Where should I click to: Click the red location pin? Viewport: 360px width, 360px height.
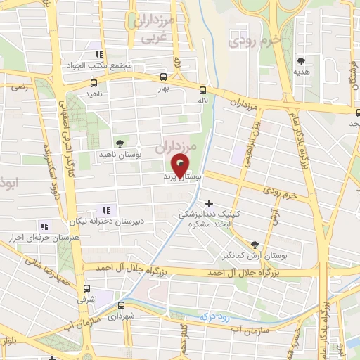click(182, 165)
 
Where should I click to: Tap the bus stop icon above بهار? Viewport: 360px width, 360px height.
click(164, 78)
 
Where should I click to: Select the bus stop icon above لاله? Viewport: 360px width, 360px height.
click(202, 90)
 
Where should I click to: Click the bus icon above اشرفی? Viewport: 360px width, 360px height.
click(86, 288)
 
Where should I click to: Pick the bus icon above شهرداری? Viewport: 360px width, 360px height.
click(122, 306)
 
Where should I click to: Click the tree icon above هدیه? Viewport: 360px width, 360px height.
click(302, 61)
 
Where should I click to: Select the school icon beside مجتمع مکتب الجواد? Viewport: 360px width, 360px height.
click(100, 54)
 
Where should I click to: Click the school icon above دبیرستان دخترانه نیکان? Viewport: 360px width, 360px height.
click(108, 210)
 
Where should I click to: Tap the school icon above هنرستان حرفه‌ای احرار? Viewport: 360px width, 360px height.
click(44, 226)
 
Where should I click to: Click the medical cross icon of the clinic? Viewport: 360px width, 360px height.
click(209, 202)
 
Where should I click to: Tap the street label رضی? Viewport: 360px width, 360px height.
click(18, 87)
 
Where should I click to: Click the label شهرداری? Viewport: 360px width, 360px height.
click(122, 317)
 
